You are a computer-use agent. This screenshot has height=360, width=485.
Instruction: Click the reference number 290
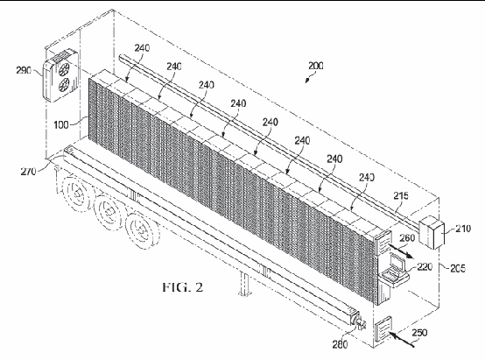24,70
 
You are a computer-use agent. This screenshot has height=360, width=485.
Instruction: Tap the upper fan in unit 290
64,68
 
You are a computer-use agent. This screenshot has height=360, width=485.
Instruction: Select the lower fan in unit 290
64,84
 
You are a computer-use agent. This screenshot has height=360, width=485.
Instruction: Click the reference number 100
61,124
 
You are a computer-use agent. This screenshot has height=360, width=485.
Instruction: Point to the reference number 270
28,171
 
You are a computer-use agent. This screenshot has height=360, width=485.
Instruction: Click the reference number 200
315,66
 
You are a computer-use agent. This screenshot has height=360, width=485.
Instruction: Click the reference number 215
401,195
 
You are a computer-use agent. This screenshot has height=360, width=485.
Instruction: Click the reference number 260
407,237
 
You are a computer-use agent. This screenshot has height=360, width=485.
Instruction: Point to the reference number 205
458,268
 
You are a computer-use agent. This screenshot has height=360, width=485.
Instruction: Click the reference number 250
419,333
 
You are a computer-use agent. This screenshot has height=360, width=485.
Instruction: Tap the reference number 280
340,344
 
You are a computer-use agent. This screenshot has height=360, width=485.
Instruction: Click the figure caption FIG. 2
183,287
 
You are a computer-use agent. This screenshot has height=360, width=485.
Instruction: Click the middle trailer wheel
108,211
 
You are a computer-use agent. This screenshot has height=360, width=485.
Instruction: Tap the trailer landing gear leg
244,283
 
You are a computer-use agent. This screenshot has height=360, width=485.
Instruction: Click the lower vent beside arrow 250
383,328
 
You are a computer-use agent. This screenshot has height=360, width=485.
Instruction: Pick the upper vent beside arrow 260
383,242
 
